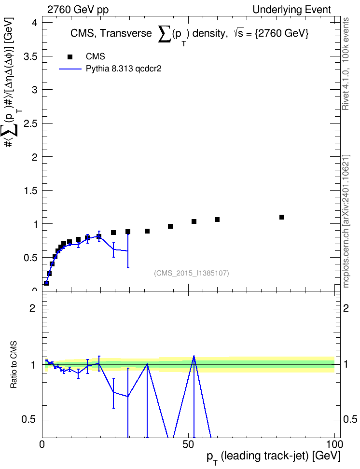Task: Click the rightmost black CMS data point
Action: point(282,217)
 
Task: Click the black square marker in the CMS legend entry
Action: point(70,57)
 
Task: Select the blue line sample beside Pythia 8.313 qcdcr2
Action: point(70,69)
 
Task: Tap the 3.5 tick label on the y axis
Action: point(30,56)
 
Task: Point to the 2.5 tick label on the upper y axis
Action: point(30,123)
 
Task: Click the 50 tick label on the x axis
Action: point(188,444)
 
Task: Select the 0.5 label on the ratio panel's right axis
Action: point(350,419)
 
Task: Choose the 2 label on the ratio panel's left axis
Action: point(32,308)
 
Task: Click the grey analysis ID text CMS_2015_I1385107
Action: point(192,273)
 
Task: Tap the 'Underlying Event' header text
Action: point(292,10)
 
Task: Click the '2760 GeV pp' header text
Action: point(78,10)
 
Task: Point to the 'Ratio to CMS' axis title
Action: point(14,365)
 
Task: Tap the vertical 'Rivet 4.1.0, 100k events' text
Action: point(346,64)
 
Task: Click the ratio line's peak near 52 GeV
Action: point(194,356)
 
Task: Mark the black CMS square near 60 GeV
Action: point(217,220)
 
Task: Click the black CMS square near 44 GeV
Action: point(170,226)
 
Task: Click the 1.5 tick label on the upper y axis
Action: point(30,190)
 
